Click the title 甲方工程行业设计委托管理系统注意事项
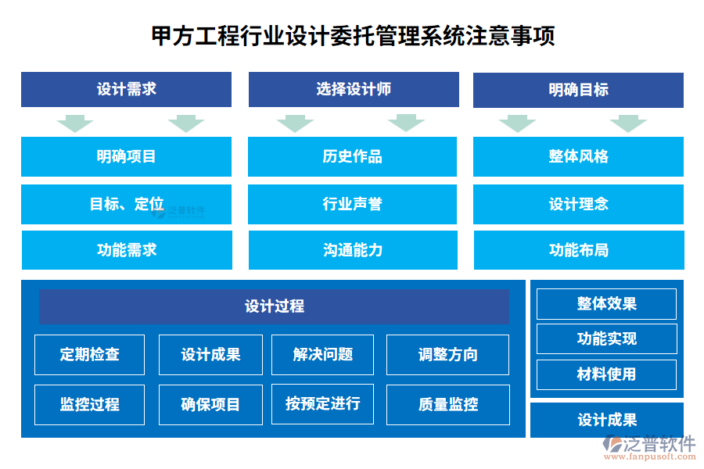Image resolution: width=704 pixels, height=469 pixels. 353,35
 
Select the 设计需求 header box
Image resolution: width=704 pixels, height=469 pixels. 126,89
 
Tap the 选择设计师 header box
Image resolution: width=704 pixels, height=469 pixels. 354,89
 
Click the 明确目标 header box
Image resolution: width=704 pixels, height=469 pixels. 578,90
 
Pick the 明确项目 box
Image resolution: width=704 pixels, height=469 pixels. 126,156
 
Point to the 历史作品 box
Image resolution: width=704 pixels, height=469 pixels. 352,156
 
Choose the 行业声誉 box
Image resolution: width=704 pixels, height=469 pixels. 352,204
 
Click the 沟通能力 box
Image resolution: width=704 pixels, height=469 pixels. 352,250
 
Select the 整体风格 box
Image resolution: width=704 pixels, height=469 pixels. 578,156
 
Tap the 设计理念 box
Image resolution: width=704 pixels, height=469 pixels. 578,204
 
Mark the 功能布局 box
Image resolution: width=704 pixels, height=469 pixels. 578,250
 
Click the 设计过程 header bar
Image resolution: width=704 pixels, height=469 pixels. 274,306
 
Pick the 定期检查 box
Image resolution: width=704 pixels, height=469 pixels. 89,354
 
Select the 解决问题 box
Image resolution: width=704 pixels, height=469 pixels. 322,354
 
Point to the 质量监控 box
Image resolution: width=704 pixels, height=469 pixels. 447,405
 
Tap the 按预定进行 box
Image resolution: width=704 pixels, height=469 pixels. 322,404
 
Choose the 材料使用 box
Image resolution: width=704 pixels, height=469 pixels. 606,374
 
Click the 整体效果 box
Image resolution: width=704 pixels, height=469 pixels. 606,304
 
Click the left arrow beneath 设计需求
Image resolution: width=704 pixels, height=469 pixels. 75,123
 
